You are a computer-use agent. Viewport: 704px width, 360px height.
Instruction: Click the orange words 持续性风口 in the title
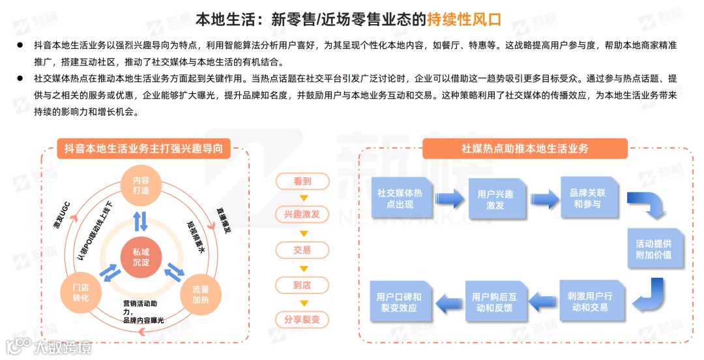click(x=464, y=19)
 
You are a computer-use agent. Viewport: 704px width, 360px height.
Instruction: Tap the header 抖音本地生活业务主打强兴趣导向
click(x=143, y=149)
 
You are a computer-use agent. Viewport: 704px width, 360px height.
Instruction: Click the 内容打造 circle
click(x=141, y=185)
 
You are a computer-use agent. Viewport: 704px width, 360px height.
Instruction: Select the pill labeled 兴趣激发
click(x=302, y=215)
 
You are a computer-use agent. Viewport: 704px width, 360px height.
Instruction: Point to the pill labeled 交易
click(x=302, y=250)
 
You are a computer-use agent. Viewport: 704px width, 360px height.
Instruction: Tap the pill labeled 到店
click(x=302, y=284)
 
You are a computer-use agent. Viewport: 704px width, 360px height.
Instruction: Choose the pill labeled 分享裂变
click(x=302, y=320)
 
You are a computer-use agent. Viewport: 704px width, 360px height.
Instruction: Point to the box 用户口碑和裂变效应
click(x=398, y=301)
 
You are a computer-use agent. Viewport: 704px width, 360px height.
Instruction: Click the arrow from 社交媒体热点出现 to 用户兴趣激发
click(x=448, y=198)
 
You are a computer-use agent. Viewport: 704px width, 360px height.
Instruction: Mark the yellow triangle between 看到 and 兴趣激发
click(x=302, y=198)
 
